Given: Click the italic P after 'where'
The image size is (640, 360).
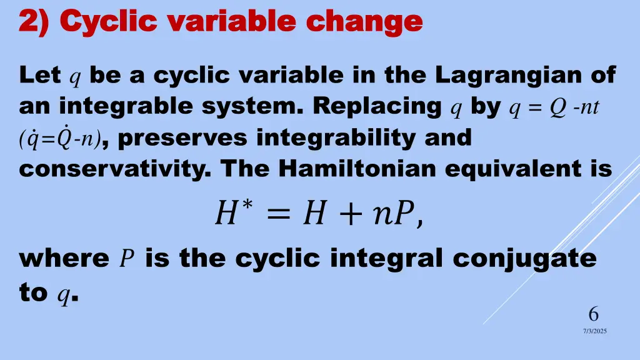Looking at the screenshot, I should [x=127, y=259].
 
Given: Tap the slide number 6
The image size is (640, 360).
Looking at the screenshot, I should [x=593, y=314].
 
